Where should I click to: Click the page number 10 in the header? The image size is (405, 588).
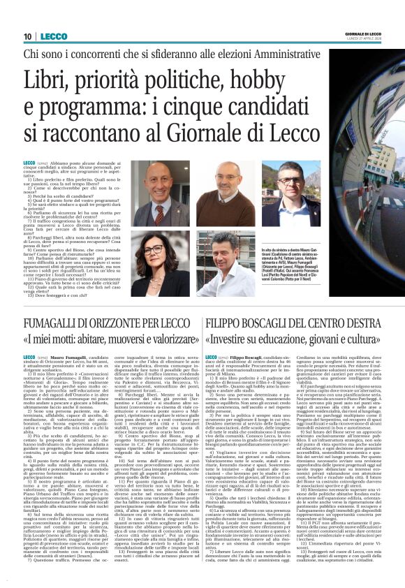(x=28, y=36)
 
